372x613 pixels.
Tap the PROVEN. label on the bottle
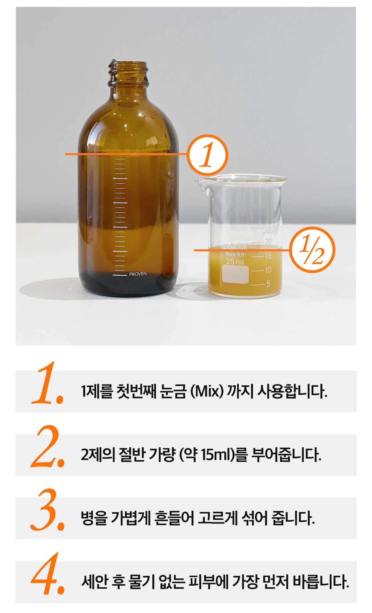(x=138, y=274)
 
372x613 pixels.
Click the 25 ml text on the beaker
(x=235, y=261)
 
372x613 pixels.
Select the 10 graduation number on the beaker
(x=268, y=270)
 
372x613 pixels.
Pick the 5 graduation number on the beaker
(x=268, y=284)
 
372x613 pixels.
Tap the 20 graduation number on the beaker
(x=268, y=242)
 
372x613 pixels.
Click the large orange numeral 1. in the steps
(x=48, y=383)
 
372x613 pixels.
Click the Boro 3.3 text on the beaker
(x=235, y=254)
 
